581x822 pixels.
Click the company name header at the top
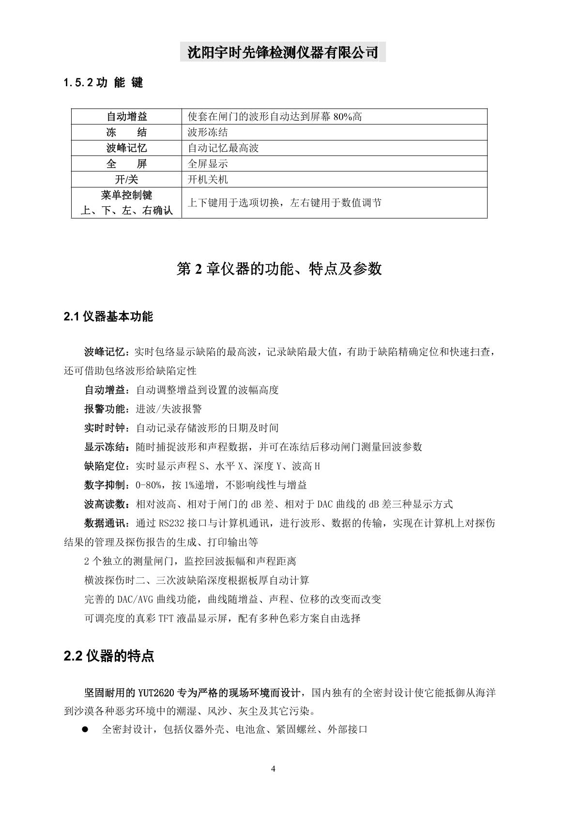pyautogui.click(x=283, y=51)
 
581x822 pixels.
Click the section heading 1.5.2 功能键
pyautogui.click(x=103, y=83)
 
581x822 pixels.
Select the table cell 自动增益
pyautogui.click(x=126, y=117)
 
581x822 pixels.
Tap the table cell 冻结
pyautogui.click(x=126, y=132)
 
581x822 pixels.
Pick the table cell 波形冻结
pyautogui.click(x=208, y=132)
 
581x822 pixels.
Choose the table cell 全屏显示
pyautogui.click(x=208, y=164)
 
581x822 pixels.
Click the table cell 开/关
pyautogui.click(x=126, y=180)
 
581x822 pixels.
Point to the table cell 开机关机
pyautogui.click(x=208, y=180)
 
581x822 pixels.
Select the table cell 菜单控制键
pyautogui.click(x=126, y=195)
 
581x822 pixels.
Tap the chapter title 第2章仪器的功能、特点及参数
pyautogui.click(x=279, y=269)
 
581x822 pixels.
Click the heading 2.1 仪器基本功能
pyautogui.click(x=108, y=317)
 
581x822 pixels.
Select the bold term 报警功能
pyautogui.click(x=105, y=409)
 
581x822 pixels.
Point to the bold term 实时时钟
pyautogui.click(x=105, y=428)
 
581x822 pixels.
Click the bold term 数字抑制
pyautogui.click(x=105, y=485)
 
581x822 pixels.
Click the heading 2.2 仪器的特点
pyautogui.click(x=109, y=656)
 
